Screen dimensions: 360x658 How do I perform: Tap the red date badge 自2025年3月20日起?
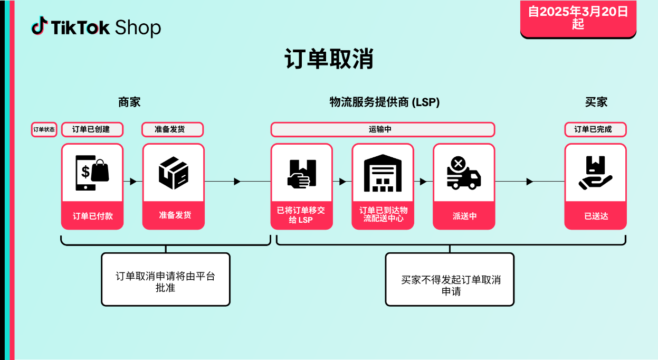coord(578,18)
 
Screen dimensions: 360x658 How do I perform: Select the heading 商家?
coord(129,102)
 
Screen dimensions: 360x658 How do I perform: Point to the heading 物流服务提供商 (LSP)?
coord(384,102)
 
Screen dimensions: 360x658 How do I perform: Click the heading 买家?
coord(596,102)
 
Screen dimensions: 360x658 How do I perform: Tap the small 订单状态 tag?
coord(44,129)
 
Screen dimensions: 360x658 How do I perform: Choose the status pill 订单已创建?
coord(92,129)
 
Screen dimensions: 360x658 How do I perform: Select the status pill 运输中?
coord(383,129)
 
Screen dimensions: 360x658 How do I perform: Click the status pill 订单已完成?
coord(595,129)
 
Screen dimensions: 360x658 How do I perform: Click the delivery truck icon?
coord(463,173)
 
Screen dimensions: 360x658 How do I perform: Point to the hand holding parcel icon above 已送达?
coord(595,173)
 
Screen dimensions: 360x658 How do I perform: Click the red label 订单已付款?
coord(92,216)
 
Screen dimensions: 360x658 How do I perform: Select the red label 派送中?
coord(464,216)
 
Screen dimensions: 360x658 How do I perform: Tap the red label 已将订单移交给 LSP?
coord(301,215)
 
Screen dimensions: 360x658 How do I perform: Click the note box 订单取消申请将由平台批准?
coord(166,279)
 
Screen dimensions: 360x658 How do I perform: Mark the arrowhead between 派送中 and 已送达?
coord(530,182)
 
